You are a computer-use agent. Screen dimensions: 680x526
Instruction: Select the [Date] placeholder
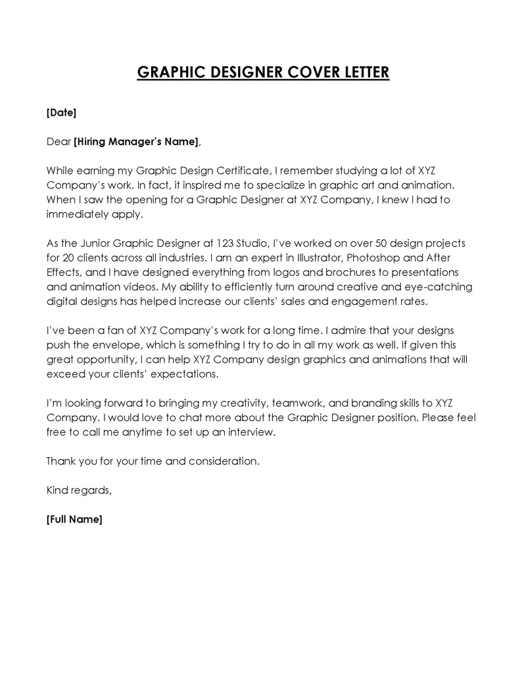point(61,113)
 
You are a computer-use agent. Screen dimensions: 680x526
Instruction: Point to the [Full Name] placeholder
point(74,519)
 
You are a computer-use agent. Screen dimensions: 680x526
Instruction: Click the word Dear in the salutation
point(58,141)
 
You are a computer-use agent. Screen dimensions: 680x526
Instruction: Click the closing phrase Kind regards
point(78,490)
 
